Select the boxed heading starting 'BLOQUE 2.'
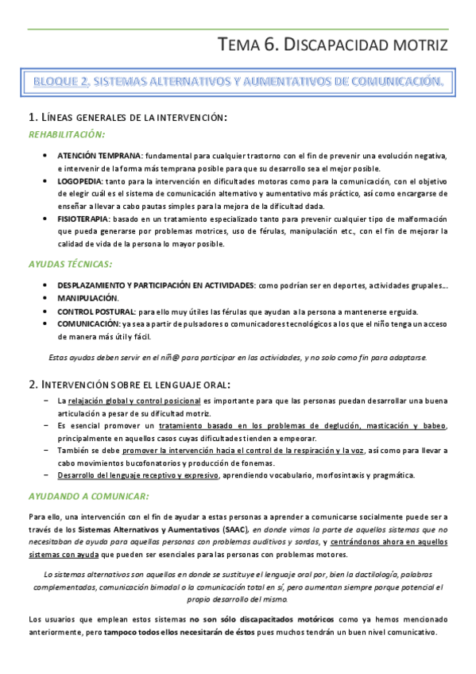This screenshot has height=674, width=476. click(238, 81)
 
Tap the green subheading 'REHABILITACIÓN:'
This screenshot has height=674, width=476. click(66, 135)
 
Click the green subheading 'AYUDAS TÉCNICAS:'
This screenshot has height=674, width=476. click(69, 263)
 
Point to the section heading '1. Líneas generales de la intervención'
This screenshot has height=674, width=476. click(127, 118)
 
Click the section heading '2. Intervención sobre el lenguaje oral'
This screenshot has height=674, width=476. click(130, 384)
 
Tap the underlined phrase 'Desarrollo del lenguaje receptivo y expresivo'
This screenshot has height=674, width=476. click(137, 475)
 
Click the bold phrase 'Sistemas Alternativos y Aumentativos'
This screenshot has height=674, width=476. click(151, 529)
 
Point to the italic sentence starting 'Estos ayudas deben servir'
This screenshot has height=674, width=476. click(238, 357)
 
